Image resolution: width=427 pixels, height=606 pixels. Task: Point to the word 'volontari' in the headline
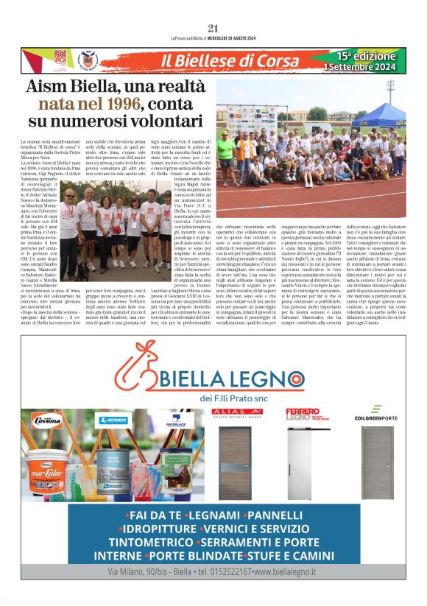(x=148, y=119)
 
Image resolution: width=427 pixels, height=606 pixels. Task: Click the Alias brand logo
(x=236, y=413)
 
